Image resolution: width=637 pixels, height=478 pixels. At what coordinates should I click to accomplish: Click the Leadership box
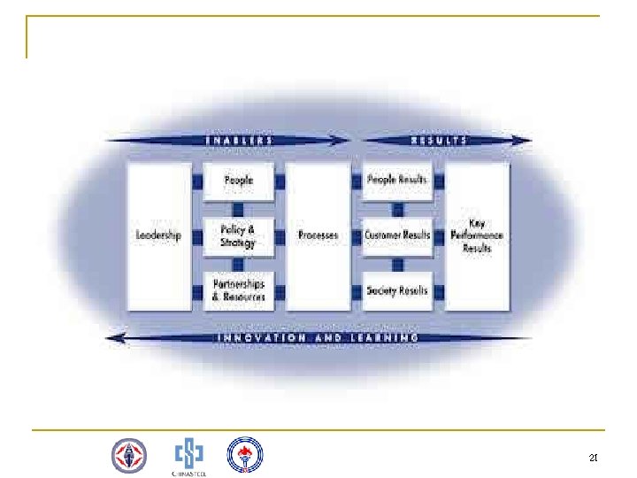(159, 235)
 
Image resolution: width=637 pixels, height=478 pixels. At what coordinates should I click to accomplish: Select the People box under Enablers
(238, 181)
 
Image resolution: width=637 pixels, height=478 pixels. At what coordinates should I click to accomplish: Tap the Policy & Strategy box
(238, 235)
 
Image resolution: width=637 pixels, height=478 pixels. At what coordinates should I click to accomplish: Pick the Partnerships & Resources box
(238, 290)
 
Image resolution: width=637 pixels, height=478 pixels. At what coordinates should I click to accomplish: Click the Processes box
(318, 235)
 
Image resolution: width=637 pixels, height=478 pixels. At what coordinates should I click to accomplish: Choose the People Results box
(397, 181)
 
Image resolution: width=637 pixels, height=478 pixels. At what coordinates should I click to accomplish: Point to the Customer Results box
(397, 235)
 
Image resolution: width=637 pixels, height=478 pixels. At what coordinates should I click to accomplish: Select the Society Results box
(397, 290)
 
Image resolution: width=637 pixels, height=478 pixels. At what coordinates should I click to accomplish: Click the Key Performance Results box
(478, 235)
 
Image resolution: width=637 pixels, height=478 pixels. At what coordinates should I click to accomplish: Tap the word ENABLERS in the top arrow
(238, 140)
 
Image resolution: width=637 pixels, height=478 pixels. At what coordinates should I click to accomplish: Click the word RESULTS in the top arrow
(439, 140)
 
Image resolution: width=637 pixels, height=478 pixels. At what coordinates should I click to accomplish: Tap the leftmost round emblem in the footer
(129, 456)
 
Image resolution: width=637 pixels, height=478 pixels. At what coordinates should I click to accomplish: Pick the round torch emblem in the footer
(245, 455)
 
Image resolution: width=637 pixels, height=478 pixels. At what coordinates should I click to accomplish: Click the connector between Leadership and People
(197, 181)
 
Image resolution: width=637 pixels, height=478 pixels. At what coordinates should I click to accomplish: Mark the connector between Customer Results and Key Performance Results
(438, 235)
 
